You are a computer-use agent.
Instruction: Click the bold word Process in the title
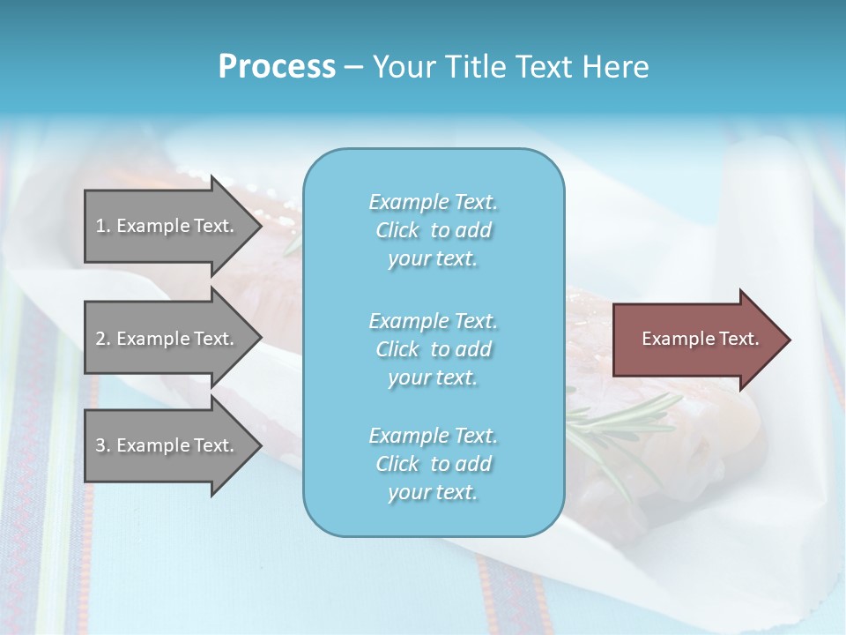click(277, 67)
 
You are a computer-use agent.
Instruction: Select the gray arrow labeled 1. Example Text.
click(167, 226)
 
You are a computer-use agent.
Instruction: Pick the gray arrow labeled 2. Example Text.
click(167, 339)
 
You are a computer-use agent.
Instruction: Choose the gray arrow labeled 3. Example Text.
click(167, 445)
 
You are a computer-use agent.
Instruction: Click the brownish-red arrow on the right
click(696, 340)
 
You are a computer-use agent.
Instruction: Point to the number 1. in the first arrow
click(103, 226)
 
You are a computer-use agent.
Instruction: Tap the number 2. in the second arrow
click(103, 339)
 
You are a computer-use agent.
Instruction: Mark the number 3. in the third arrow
click(103, 445)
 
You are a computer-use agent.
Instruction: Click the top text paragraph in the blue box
click(433, 230)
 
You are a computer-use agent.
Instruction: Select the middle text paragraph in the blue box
click(433, 349)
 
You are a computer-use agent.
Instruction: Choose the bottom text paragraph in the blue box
click(433, 464)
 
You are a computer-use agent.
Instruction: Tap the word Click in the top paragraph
click(397, 230)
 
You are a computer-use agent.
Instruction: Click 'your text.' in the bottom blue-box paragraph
click(433, 492)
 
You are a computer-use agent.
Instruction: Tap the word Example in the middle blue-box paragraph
click(408, 321)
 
